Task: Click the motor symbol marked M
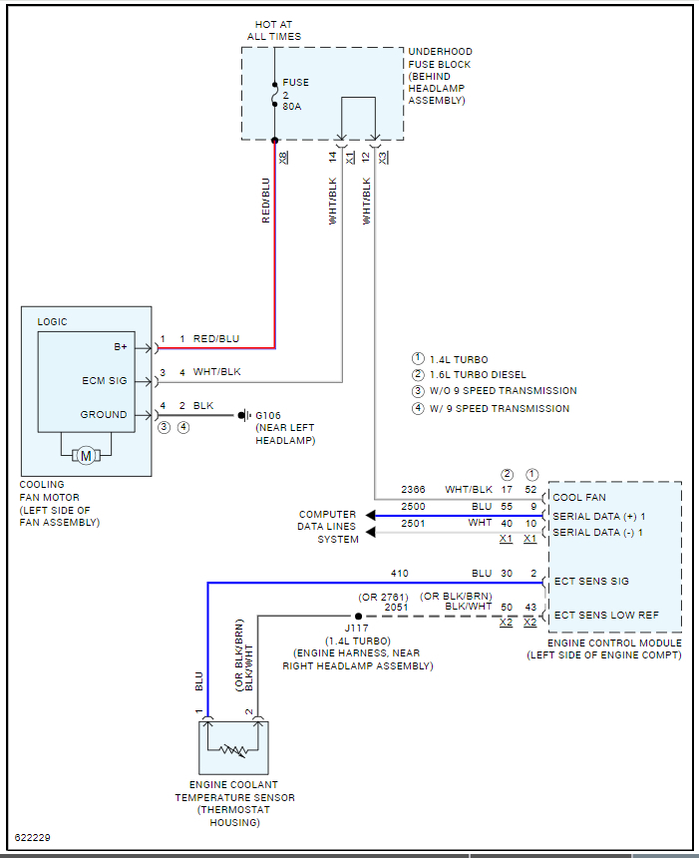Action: point(85,456)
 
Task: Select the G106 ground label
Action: point(269,415)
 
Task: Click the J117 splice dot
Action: point(359,617)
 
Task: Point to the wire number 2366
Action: point(413,490)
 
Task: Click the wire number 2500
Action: point(413,507)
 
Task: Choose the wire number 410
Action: point(399,574)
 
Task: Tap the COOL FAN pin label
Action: point(579,497)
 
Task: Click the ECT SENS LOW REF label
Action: point(606,615)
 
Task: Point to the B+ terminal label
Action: point(121,347)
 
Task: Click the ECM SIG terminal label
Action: point(105,381)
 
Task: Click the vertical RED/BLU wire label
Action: point(266,201)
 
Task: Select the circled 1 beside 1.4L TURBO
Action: point(419,359)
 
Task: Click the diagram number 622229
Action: point(32,836)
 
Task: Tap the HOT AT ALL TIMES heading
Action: point(274,31)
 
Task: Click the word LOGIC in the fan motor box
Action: point(53,322)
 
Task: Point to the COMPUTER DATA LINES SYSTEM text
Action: point(327,527)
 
